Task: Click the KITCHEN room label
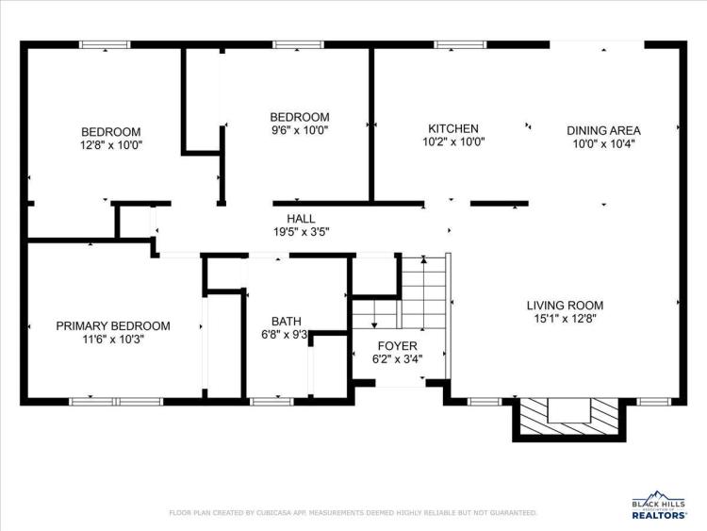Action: coord(453,128)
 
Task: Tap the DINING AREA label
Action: coord(603,131)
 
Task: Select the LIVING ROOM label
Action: coord(565,306)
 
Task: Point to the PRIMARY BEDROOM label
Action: coord(113,325)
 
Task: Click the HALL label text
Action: coord(302,219)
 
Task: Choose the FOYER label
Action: coord(397,346)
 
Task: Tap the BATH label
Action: coord(287,322)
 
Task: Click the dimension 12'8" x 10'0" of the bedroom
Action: coord(111,145)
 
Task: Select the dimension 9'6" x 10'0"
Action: coord(300,130)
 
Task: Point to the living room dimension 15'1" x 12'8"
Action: coord(566,319)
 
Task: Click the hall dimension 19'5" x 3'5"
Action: coord(302,232)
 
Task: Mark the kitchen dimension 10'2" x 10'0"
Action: coord(453,142)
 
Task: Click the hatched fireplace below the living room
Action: coord(569,417)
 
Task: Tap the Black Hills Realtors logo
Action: coord(659,505)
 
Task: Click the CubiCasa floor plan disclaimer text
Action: coord(353,513)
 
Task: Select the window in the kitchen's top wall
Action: coord(460,44)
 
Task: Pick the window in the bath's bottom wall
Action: coord(271,402)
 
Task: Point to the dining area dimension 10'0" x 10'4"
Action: coord(603,144)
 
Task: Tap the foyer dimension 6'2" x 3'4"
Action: coord(397,359)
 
